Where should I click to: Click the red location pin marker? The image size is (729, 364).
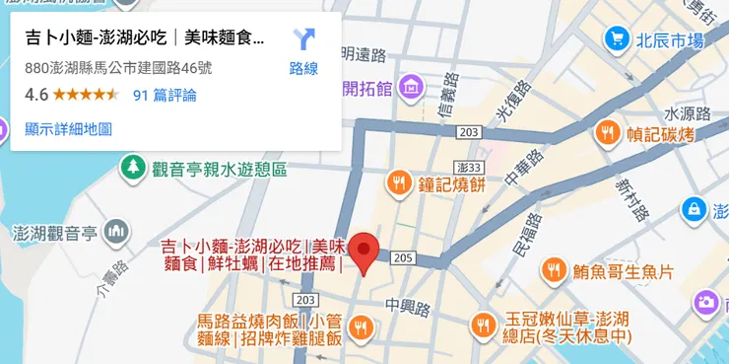pos(365,251)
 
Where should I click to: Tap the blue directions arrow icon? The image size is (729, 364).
pos(303,40)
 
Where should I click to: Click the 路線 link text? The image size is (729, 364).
pos(303,69)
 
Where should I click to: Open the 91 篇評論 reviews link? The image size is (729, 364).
pos(164,95)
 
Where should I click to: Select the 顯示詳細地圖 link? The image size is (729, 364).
pos(68,128)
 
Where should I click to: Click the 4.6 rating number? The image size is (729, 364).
pos(36,95)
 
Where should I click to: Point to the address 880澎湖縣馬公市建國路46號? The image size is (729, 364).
pos(118,69)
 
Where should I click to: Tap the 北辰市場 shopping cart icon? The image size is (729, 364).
pos(617,40)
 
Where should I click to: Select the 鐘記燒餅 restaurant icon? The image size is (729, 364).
pos(399,182)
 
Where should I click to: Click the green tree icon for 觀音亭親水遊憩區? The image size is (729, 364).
pos(132,169)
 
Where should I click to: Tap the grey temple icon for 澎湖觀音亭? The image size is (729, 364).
pos(116,232)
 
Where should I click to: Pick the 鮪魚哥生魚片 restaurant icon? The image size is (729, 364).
pos(554,270)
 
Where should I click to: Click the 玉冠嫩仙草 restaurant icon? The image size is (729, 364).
pos(483,323)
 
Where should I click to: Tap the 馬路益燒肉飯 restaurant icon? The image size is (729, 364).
pos(362,326)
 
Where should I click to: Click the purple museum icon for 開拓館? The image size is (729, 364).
pos(412,89)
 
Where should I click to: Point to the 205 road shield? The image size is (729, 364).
pos(401,257)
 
